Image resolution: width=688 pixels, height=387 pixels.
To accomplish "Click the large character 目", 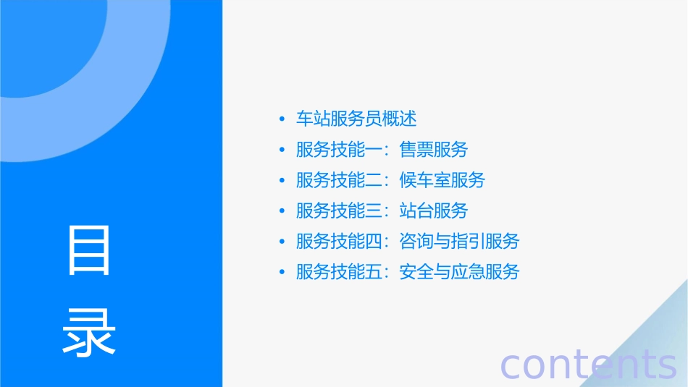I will [x=89, y=250].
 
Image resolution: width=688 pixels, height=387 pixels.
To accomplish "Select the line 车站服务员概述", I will [x=356, y=119].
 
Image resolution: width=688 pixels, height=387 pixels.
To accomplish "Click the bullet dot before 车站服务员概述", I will [x=282, y=119].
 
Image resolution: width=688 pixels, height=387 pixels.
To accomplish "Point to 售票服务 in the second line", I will [x=434, y=150].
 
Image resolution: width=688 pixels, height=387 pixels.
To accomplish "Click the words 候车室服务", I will [x=442, y=180].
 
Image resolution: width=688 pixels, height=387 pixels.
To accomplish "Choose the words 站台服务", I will [x=434, y=210].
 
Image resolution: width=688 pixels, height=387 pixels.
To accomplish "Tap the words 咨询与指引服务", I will [x=459, y=242].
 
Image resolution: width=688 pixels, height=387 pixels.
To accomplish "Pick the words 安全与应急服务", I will [x=459, y=272].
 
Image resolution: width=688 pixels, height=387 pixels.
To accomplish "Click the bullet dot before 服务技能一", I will [x=282, y=150].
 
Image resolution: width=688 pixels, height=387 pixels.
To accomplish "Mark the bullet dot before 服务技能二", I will [x=282, y=180].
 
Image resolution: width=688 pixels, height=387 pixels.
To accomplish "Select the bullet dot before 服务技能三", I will [x=282, y=210].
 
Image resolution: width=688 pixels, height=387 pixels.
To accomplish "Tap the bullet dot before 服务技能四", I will [x=282, y=242].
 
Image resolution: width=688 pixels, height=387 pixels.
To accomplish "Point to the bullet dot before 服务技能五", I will [x=282, y=272].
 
